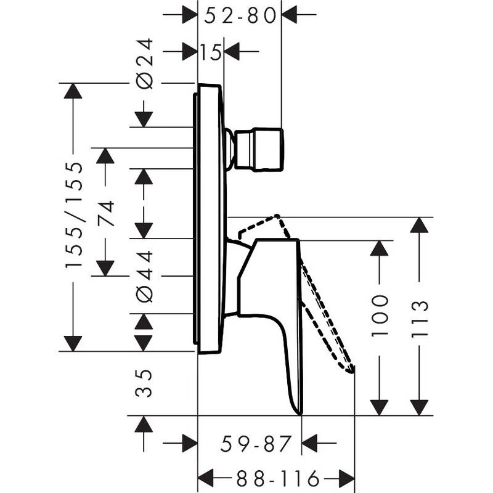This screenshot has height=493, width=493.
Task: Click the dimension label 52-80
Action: point(239,15)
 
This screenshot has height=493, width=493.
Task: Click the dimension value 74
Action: point(106,213)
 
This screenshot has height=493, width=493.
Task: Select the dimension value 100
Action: point(380,314)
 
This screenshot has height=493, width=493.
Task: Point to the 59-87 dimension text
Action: point(249,442)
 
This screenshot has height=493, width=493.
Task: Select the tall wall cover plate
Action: point(208,219)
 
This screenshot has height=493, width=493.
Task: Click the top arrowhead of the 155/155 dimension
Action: point(73,91)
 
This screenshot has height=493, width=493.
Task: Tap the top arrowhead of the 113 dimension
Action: point(420,225)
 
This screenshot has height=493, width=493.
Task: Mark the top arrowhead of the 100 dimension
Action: point(380,248)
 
